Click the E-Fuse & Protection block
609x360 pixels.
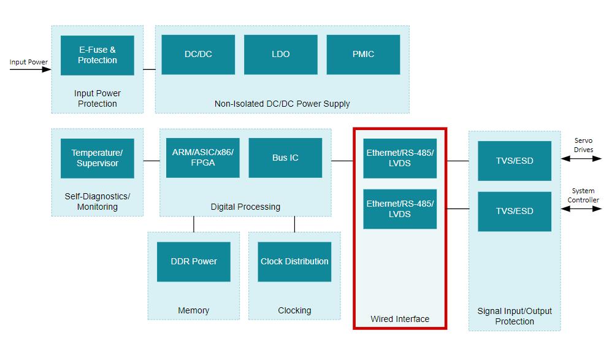coord(97,55)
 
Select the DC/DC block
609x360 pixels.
coord(198,55)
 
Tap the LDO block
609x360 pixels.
coord(280,55)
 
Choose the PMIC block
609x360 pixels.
coord(363,55)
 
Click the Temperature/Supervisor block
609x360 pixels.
coord(97,158)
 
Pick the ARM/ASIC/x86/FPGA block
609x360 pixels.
coord(202,158)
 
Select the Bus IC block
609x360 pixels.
coord(285,158)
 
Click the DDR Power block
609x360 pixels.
coord(194,261)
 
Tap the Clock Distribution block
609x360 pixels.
coord(294,261)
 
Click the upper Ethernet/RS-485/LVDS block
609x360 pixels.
coord(400,158)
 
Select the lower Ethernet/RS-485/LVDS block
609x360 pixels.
coord(400,209)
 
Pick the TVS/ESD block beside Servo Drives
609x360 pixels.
coord(515,161)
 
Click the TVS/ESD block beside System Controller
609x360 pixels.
coord(515,211)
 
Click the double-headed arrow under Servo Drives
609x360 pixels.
coord(581,159)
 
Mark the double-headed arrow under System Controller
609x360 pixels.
coord(581,209)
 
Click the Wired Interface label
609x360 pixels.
coord(400,319)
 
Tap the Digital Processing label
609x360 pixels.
coord(245,207)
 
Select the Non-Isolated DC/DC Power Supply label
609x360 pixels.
coord(282,104)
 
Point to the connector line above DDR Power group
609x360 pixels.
coord(194,224)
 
